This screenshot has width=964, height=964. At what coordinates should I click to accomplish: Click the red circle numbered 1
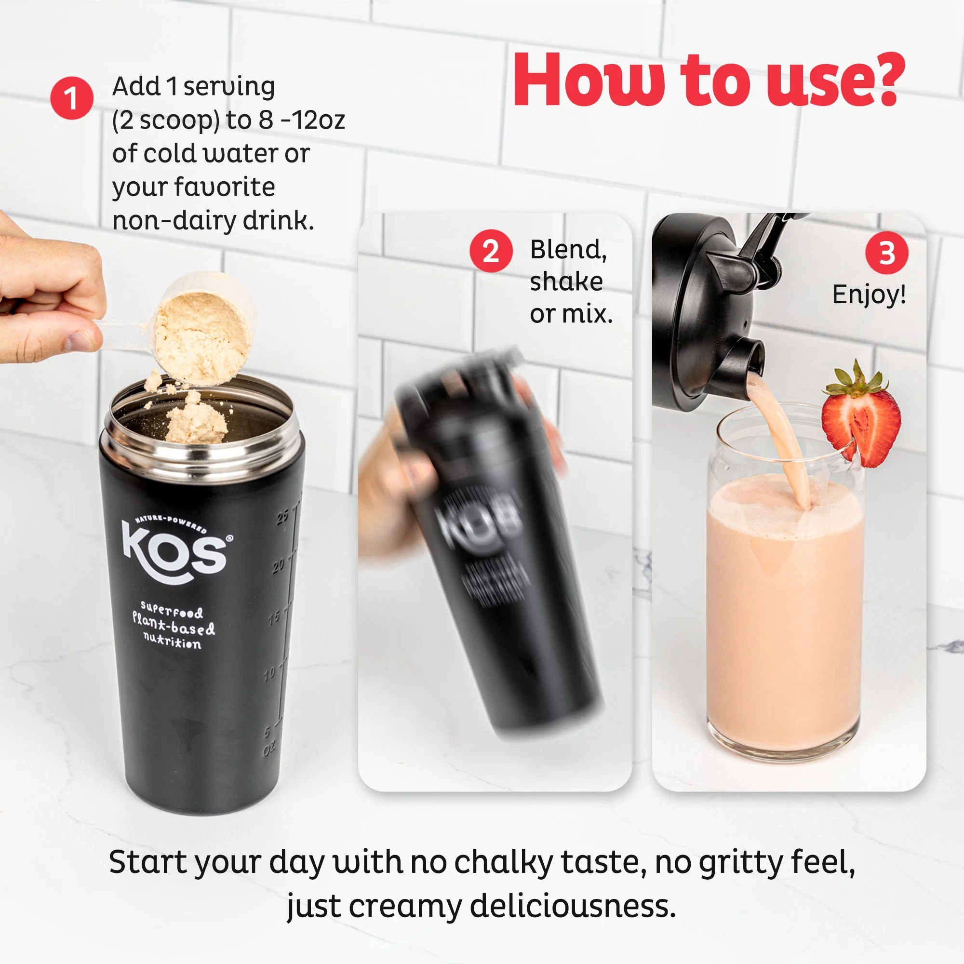72,98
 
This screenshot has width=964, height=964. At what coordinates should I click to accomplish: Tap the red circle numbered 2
491,251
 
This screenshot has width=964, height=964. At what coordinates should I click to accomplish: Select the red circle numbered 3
887,253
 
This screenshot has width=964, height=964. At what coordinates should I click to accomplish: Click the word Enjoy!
869,294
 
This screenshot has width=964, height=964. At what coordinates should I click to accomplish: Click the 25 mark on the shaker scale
283,516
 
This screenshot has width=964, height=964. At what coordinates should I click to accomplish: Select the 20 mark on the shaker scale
279,565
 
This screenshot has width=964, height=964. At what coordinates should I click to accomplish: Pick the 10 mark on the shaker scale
269,674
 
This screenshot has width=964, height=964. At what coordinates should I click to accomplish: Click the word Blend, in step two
568,250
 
